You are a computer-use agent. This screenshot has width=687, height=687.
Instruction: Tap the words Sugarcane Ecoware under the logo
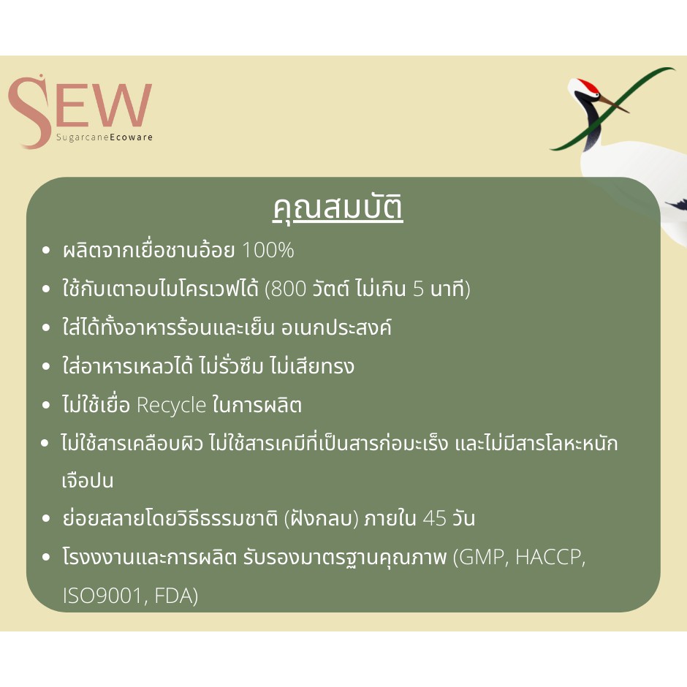click(x=105, y=137)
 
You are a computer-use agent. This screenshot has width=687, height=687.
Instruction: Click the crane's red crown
click(x=589, y=86)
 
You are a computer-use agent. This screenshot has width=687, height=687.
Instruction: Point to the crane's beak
click(x=613, y=105)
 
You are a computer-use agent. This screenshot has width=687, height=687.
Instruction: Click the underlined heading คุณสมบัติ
click(x=338, y=208)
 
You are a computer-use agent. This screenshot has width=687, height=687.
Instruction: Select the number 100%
click(x=267, y=250)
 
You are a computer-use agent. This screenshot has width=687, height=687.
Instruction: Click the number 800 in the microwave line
click(x=289, y=289)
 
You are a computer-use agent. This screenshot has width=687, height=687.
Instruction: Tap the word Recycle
click(x=171, y=406)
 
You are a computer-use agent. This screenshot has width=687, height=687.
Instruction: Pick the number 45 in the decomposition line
click(x=435, y=518)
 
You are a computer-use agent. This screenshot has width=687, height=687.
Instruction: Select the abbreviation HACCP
click(x=550, y=558)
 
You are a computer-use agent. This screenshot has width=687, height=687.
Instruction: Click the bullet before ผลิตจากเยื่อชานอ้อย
click(x=46, y=251)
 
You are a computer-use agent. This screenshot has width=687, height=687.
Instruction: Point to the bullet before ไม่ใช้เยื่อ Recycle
click(x=46, y=406)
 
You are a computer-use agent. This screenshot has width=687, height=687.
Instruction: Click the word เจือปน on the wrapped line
click(x=88, y=480)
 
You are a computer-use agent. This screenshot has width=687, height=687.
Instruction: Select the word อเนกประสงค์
click(x=336, y=327)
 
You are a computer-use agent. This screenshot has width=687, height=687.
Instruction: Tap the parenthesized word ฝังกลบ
click(x=321, y=518)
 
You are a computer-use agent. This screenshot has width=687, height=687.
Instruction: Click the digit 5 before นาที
click(x=419, y=289)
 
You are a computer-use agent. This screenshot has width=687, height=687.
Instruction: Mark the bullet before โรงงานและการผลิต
click(x=46, y=558)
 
